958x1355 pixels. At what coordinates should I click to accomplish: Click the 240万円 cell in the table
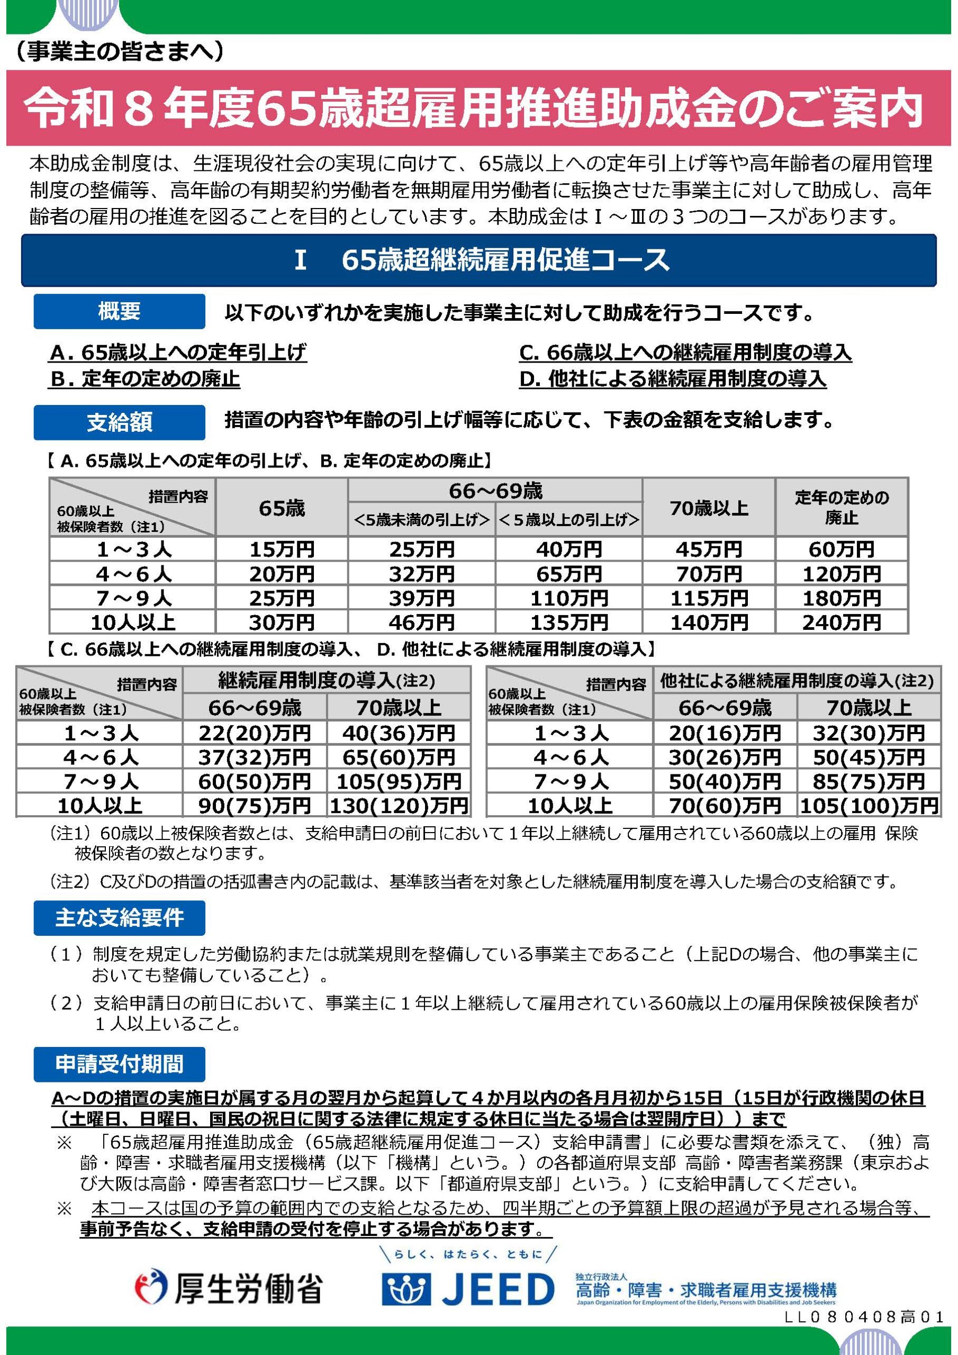click(x=841, y=622)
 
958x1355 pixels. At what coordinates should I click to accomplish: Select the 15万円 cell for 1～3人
click(x=282, y=549)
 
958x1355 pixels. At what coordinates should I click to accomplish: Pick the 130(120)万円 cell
click(x=399, y=806)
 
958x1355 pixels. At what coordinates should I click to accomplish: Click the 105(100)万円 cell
click(x=868, y=806)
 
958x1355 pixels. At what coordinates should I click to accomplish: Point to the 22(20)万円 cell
click(x=255, y=733)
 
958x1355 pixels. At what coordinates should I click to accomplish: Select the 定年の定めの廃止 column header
click(x=841, y=507)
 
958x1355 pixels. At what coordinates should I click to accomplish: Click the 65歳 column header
click(x=282, y=508)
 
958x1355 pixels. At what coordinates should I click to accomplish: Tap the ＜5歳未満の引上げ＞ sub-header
click(x=421, y=520)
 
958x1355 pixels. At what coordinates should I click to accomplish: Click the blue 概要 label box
click(x=119, y=311)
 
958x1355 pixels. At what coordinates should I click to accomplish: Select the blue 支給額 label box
click(x=119, y=422)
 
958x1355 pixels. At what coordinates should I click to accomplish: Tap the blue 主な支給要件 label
click(x=119, y=918)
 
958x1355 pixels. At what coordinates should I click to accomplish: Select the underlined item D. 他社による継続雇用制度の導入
click(x=672, y=378)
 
